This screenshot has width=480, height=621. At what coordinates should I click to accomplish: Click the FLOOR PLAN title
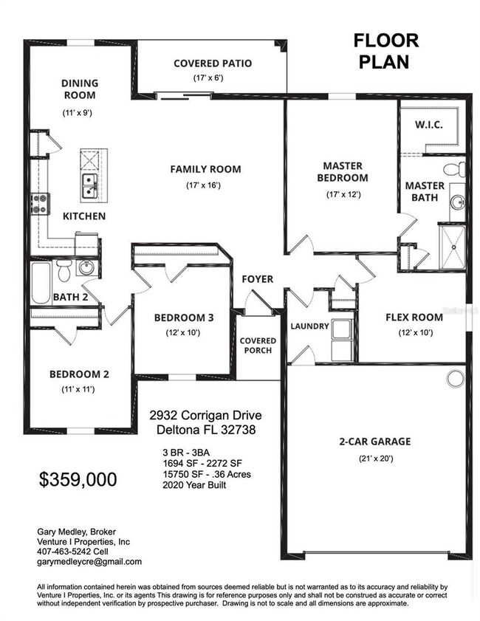[385, 51]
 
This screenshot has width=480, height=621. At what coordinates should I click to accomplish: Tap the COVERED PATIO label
[213, 63]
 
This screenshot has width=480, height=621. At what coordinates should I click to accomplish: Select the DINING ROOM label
[79, 89]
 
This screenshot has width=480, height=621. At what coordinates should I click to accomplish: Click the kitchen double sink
[88, 185]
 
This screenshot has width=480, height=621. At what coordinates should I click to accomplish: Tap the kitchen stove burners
[39, 203]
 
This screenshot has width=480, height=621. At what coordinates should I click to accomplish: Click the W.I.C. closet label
[429, 125]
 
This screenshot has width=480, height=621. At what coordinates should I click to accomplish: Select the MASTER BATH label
[425, 191]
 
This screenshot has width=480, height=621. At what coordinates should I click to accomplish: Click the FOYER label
[258, 279]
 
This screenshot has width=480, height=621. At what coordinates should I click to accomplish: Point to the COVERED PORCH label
[258, 345]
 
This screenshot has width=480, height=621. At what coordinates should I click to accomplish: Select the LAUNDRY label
[309, 326]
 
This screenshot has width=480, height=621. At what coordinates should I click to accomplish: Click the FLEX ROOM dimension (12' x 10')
[414, 333]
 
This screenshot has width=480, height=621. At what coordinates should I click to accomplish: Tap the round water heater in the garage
[454, 378]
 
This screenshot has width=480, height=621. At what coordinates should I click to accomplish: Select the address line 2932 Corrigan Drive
[205, 416]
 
